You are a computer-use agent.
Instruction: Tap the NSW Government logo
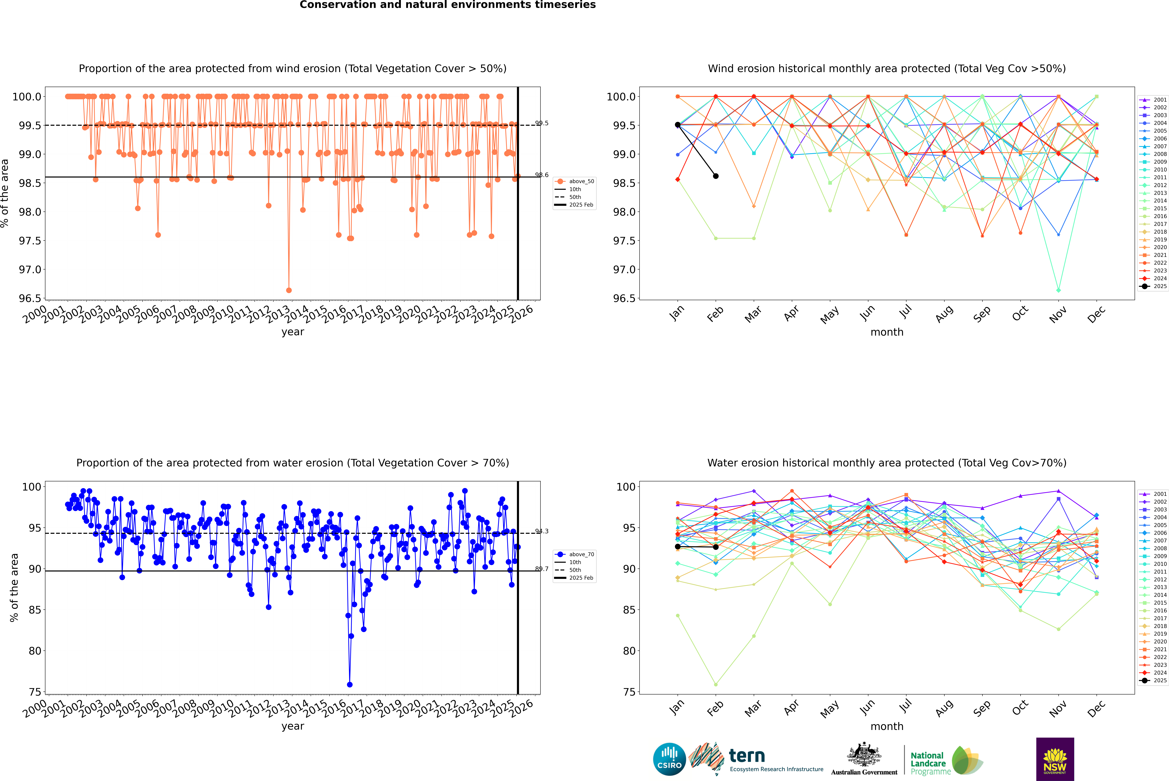[1055, 759]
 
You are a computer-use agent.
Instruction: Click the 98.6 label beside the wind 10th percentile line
[542, 175]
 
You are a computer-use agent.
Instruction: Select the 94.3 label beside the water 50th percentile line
[542, 531]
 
